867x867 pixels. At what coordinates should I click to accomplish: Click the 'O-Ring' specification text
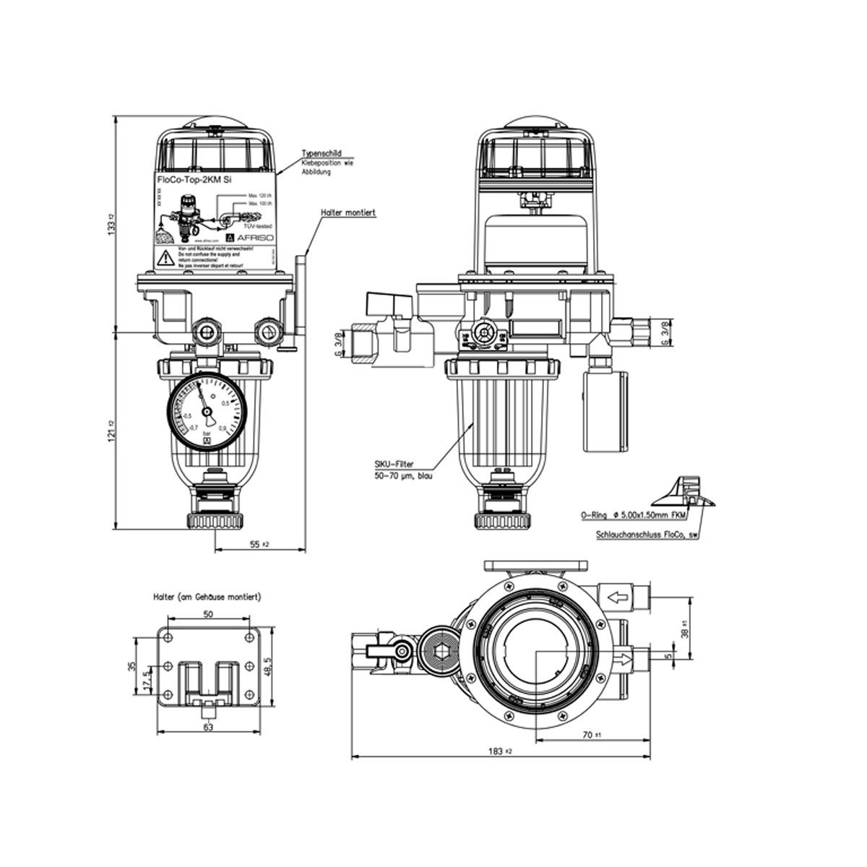[x=630, y=516]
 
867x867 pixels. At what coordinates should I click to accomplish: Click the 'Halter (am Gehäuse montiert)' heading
[x=207, y=598]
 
